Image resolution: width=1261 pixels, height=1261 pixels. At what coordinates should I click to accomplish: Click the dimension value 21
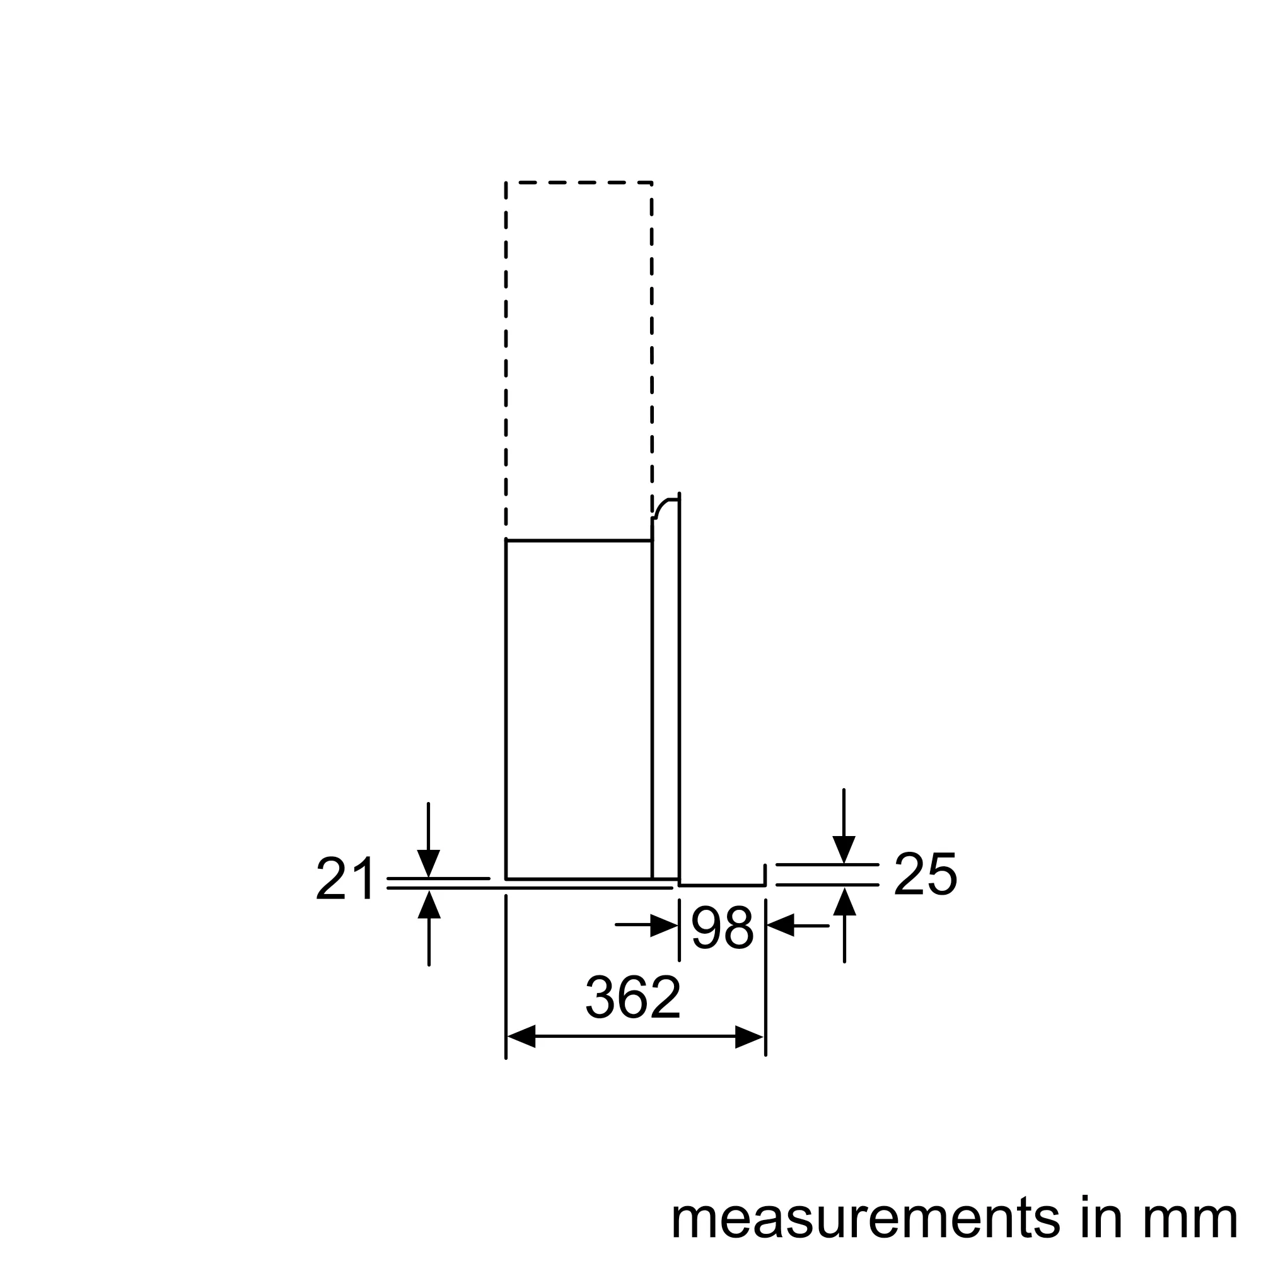(x=346, y=878)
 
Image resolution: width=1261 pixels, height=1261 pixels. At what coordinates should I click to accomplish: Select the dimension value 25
(x=925, y=873)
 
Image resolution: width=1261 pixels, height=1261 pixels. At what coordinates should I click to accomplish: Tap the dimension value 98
(x=722, y=927)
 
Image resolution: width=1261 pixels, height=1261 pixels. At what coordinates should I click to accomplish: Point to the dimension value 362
(x=633, y=997)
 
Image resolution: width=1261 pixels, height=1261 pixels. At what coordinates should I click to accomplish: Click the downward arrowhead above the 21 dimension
(x=428, y=863)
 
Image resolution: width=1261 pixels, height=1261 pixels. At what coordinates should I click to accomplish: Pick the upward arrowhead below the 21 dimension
(x=429, y=905)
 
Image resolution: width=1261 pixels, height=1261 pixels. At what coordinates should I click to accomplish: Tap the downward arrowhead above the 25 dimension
(x=844, y=849)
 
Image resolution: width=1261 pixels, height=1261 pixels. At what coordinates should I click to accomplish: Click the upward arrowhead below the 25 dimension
(x=845, y=902)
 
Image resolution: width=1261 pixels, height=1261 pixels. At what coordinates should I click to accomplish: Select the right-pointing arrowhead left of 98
(x=665, y=925)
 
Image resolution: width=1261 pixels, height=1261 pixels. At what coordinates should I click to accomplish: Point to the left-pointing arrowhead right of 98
(x=781, y=926)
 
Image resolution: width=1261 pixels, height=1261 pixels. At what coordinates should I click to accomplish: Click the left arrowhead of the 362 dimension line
(x=521, y=1037)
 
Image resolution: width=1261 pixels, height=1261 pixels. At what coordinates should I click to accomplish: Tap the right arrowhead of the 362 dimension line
(x=749, y=1037)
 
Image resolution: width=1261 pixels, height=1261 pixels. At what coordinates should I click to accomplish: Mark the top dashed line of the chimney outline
(x=579, y=183)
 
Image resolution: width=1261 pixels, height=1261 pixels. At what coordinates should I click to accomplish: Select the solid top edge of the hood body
(x=579, y=540)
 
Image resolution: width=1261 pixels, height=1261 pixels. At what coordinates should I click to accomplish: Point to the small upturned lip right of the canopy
(x=764, y=874)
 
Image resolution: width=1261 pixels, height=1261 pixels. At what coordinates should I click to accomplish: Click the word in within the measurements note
(x=1092, y=1216)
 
